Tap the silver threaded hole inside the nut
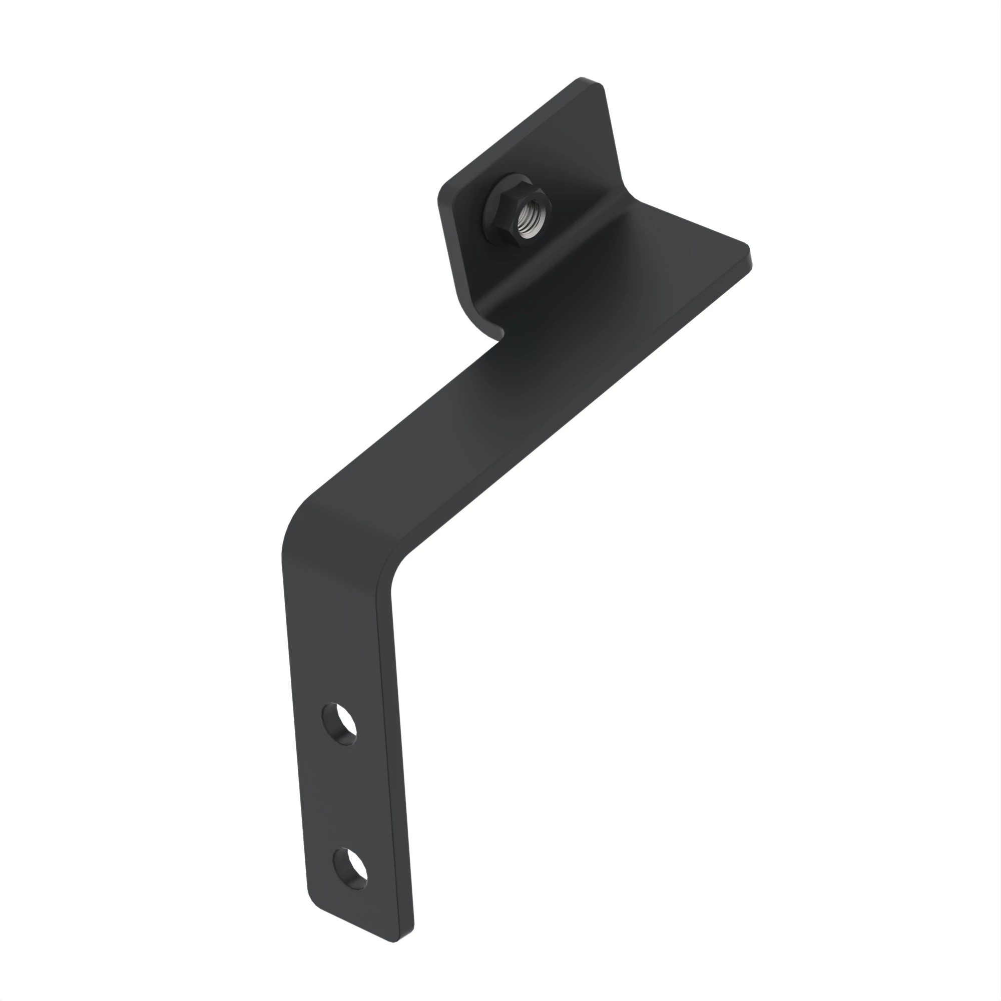[x=531, y=220]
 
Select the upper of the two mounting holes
[x=340, y=723]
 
